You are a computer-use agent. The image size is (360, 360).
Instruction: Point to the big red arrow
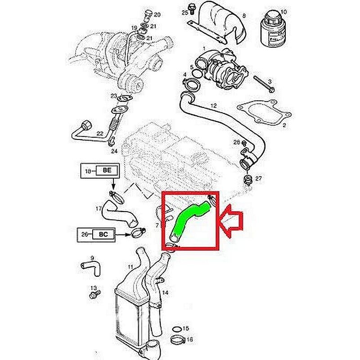(231, 221)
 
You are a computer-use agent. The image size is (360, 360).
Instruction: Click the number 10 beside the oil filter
(283, 12)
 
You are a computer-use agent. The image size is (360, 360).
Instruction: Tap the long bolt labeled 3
(264, 84)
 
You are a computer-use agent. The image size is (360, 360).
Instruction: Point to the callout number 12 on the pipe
(213, 106)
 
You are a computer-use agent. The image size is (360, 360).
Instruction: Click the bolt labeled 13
(94, 295)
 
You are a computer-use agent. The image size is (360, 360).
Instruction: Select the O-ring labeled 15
(176, 329)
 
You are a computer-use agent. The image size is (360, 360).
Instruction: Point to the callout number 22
(100, 133)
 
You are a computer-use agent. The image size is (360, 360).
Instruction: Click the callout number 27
(258, 178)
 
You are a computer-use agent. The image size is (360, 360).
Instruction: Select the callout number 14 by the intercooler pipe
(165, 292)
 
